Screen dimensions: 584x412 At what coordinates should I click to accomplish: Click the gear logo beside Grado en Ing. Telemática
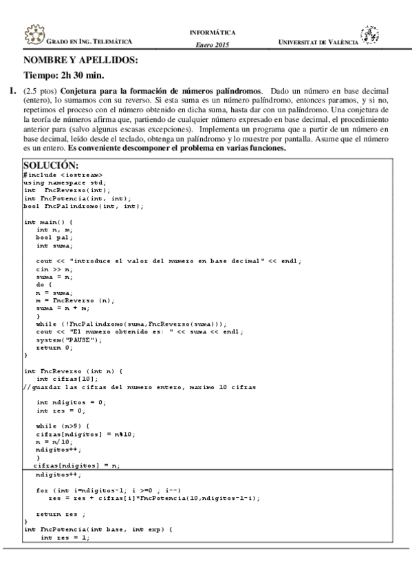coord(33,36)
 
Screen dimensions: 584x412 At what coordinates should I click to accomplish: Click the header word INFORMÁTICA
coord(212,32)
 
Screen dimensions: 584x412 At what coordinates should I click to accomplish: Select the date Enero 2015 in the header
coord(212,45)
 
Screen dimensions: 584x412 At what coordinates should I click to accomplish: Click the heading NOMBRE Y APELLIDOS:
coord(80,60)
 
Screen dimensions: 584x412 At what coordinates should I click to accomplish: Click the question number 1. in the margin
coord(12,91)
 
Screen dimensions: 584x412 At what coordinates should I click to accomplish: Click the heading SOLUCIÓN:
coord(51,165)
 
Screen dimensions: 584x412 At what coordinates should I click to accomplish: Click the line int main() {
coord(48,222)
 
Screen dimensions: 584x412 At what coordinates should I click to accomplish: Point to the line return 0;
coord(54,347)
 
